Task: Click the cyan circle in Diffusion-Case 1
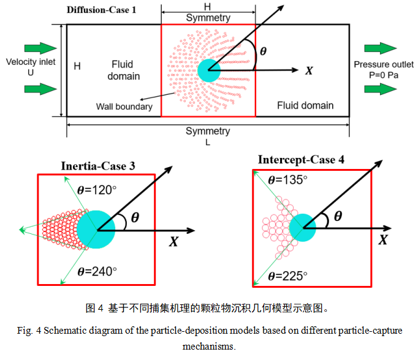click(208, 70)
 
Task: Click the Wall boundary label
click(124, 107)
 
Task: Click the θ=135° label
click(287, 181)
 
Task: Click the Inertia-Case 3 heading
click(98, 166)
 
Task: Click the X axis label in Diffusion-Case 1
click(310, 71)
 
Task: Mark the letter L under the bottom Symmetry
click(208, 141)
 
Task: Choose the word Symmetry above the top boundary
click(208, 18)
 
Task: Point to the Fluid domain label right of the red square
click(305, 105)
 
